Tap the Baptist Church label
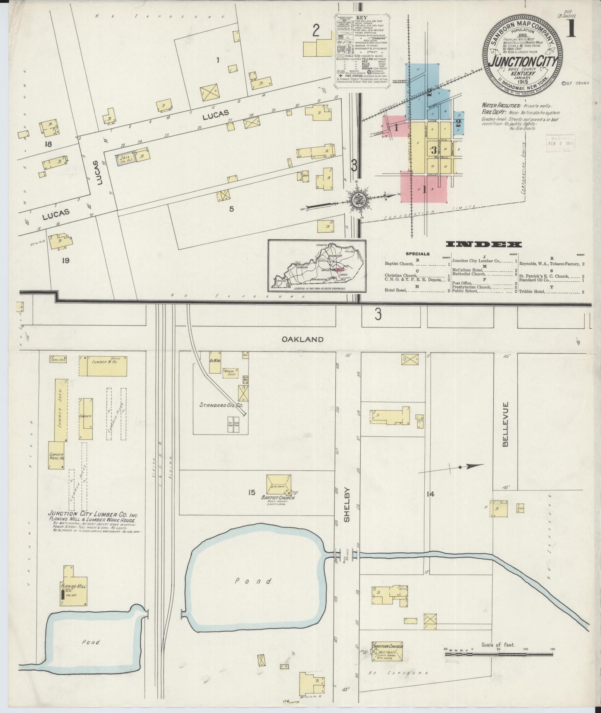[x=276, y=497]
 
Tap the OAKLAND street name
[x=302, y=340]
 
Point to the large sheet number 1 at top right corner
[x=571, y=29]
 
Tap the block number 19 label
[x=66, y=261]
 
